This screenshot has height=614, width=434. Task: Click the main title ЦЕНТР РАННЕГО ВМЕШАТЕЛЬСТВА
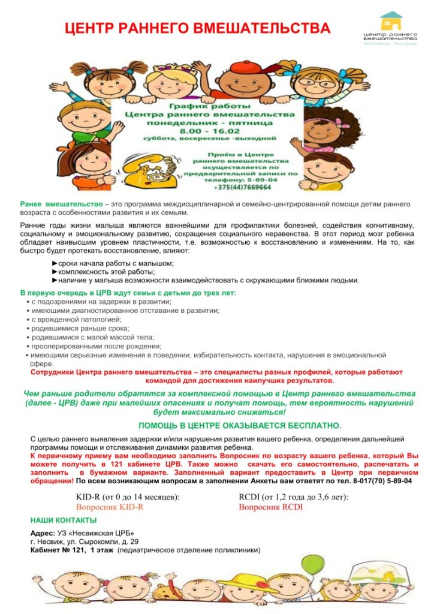[197, 28]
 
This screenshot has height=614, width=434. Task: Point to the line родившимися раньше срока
[81, 328]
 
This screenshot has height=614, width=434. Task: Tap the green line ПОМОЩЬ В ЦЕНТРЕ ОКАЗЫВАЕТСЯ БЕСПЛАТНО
[240, 425]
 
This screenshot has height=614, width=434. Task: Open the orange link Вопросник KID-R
[110, 507]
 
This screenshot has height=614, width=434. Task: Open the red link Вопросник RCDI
[271, 507]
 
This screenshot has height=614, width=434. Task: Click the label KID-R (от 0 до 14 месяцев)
[128, 497]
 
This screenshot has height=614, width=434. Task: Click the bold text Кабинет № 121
[58, 549]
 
